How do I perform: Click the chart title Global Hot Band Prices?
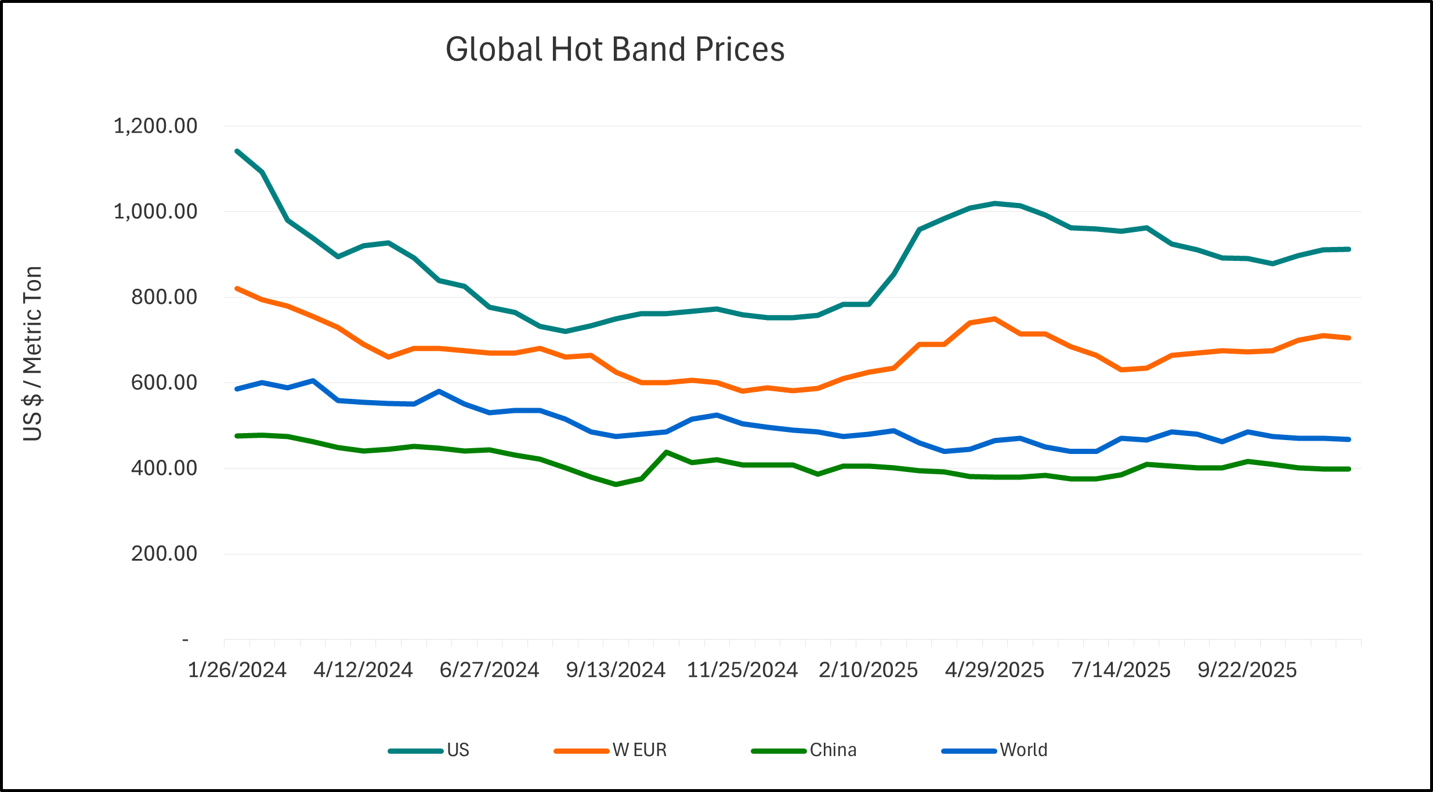pos(615,49)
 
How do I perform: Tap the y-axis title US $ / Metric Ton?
pos(32,354)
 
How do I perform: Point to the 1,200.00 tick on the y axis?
pos(155,126)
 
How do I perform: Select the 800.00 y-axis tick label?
pos(164,297)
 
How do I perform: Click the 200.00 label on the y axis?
pos(164,554)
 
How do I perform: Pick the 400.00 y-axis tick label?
pos(164,468)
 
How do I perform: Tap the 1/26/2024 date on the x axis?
pos(237,670)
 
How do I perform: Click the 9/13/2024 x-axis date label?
pos(616,670)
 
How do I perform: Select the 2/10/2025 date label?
pos(869,670)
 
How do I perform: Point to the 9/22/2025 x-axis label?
pos(1247,670)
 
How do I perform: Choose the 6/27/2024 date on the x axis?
pos(490,670)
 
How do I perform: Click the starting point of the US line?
pos(237,151)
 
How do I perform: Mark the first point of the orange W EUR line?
pos(237,288)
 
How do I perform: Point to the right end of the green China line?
pos(1349,469)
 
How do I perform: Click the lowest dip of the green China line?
pos(616,484)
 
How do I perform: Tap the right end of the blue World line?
pos(1349,439)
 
